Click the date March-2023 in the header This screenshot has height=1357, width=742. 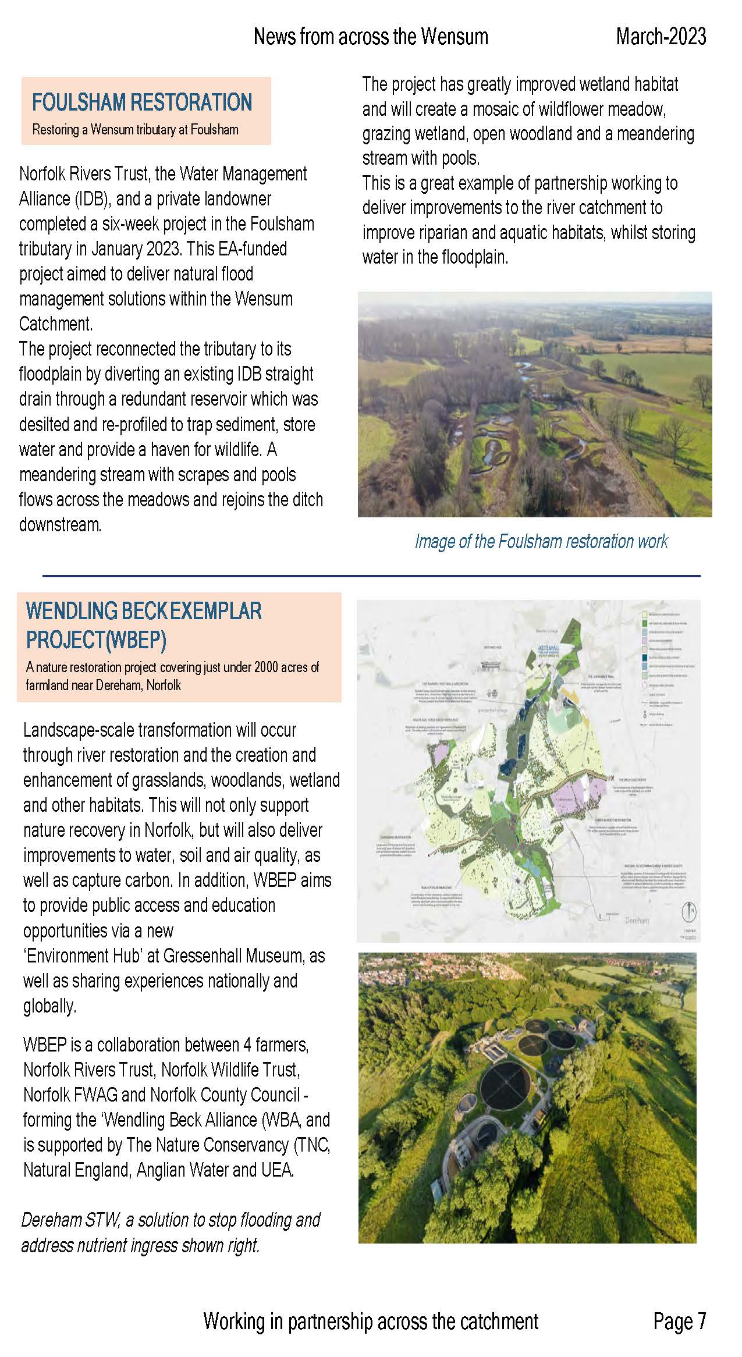[661, 37]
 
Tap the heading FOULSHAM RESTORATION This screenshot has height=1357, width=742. [142, 102]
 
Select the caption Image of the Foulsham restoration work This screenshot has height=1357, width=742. [541, 542]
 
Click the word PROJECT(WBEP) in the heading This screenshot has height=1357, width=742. [97, 640]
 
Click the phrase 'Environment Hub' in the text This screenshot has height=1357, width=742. [90, 956]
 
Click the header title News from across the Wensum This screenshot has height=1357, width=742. [371, 37]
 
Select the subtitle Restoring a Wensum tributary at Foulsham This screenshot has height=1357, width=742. [135, 129]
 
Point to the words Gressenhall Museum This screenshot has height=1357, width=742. [233, 956]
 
